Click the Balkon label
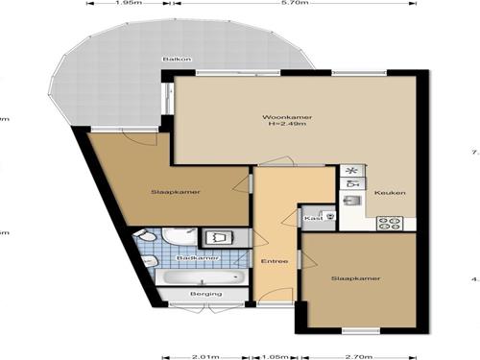click(x=177, y=60)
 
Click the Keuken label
click(x=391, y=193)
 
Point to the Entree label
click(x=275, y=261)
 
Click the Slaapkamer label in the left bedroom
click(x=168, y=192)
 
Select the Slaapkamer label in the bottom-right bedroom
click(x=355, y=278)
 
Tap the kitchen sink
click(x=351, y=202)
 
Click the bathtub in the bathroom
click(x=202, y=276)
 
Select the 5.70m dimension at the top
click(x=294, y=4)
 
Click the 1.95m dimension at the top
click(x=123, y=4)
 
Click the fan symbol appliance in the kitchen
click(x=350, y=171)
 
